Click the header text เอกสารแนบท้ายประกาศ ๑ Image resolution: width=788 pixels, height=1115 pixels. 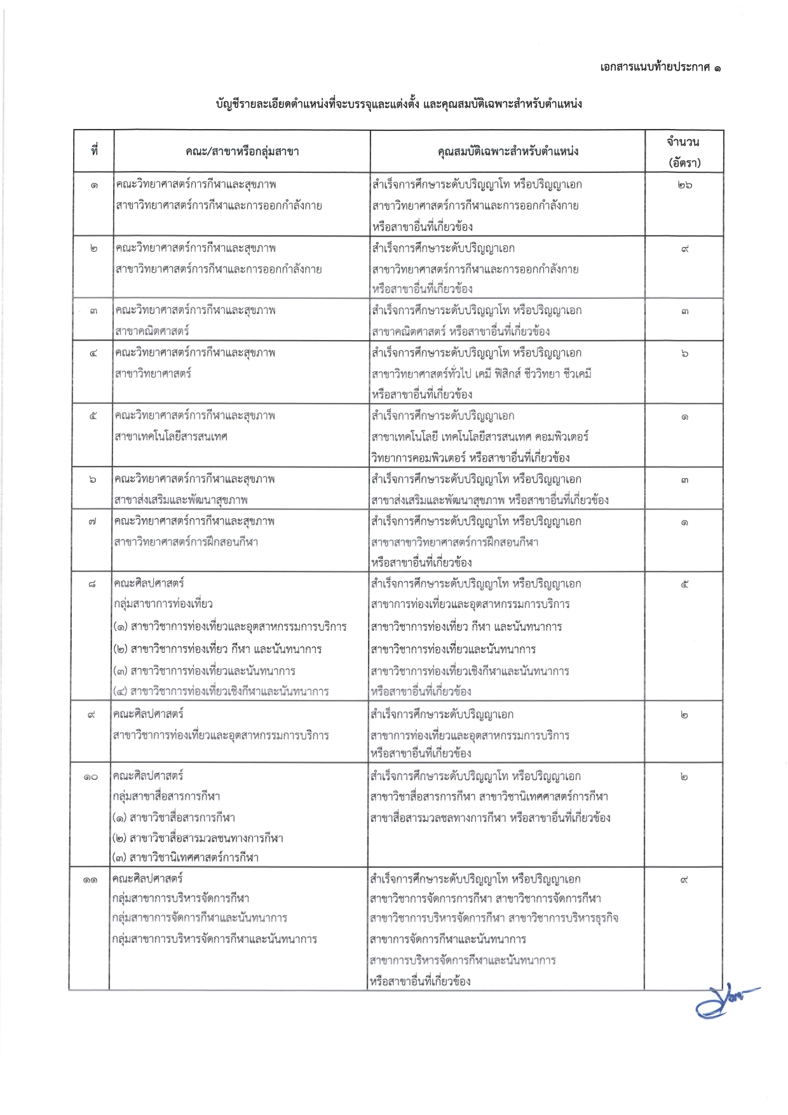coord(660,67)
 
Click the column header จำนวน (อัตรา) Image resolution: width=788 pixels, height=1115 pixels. coord(684,151)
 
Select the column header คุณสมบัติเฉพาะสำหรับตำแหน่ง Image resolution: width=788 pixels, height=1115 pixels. coord(508,151)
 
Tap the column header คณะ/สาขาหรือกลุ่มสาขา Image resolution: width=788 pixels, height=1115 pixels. coord(242,151)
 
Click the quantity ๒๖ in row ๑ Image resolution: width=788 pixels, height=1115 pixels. coord(684,186)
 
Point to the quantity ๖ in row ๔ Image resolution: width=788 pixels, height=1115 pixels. coord(684,354)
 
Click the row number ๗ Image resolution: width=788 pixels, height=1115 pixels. coord(93,523)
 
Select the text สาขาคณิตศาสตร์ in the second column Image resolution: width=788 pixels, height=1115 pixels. coord(152,331)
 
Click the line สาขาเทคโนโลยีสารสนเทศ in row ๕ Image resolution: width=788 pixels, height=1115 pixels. coord(171,437)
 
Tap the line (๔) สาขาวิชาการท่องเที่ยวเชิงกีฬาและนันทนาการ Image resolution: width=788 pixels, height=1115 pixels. coord(221,691)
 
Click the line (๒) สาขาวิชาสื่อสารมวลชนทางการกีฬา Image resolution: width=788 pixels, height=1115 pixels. coord(198,838)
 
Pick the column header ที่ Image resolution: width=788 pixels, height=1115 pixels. coord(93,151)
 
